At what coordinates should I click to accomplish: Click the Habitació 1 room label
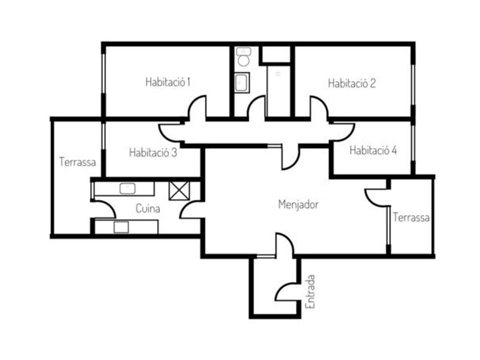167,82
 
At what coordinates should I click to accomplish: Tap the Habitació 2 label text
351,83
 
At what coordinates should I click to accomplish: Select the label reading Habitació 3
153,153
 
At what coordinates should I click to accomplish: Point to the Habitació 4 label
373,151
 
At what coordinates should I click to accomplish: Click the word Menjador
298,204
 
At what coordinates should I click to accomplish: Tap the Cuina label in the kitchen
147,209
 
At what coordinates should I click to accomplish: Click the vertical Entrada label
310,291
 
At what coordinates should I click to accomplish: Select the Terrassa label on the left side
77,162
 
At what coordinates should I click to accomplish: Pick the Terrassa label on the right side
411,218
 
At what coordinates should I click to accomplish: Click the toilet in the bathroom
244,59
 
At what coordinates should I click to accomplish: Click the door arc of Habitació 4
343,131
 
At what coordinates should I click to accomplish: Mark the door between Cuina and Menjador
191,210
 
